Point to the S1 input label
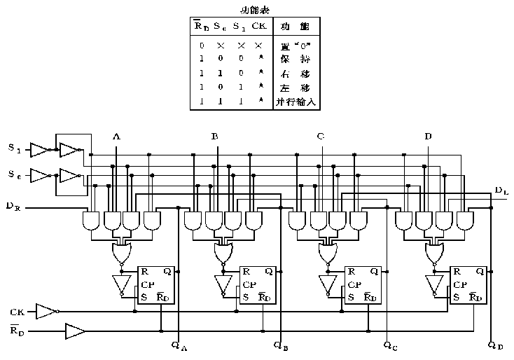14,148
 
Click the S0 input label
14,174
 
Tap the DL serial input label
501,191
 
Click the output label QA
179,345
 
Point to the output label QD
494,345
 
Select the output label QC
391,345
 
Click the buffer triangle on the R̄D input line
74,329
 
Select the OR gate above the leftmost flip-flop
122,251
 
